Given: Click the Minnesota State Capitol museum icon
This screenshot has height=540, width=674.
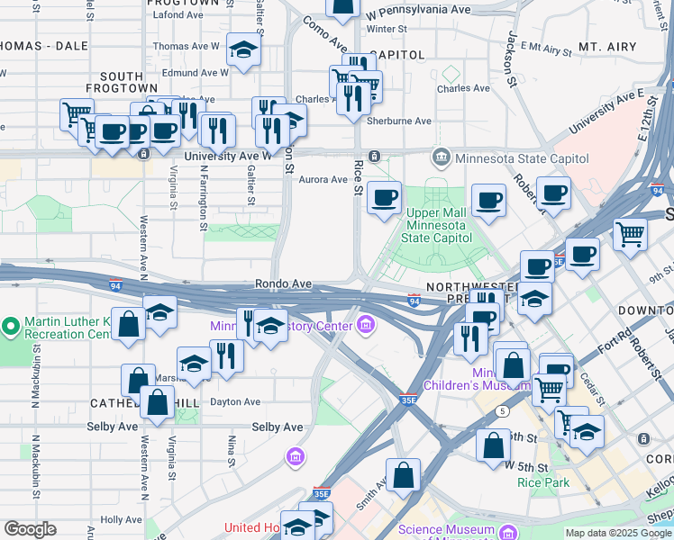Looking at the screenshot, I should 441,158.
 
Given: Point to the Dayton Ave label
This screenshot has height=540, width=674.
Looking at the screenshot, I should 235,401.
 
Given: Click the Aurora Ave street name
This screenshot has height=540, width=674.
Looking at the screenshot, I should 323,179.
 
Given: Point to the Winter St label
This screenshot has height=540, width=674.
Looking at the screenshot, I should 387,28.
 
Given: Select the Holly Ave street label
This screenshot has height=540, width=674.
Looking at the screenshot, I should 121,519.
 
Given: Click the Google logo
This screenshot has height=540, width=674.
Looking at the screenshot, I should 30,529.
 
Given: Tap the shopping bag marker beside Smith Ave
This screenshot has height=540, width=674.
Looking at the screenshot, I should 403,474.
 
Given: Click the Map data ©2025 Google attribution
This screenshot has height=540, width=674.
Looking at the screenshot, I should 617,533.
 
